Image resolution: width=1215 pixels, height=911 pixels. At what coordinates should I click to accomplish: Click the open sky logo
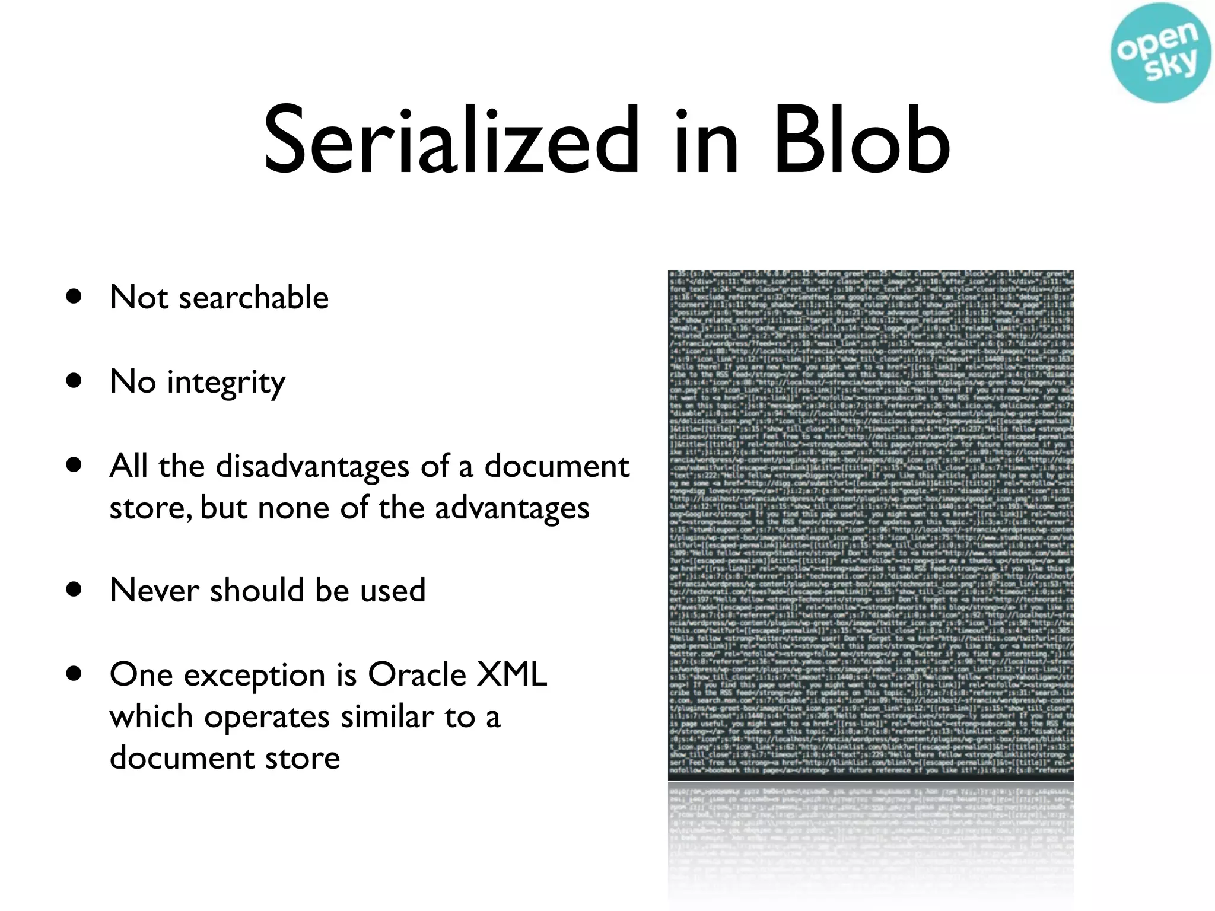[1160, 53]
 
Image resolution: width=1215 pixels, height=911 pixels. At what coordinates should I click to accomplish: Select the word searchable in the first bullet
[253, 297]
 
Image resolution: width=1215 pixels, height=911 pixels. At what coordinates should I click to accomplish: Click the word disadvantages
[312, 466]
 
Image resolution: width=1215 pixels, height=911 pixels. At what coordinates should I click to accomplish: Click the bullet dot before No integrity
[74, 381]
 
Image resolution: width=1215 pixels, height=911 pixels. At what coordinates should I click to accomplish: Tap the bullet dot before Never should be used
[74, 590]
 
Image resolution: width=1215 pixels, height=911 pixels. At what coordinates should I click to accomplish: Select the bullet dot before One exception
[74, 674]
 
